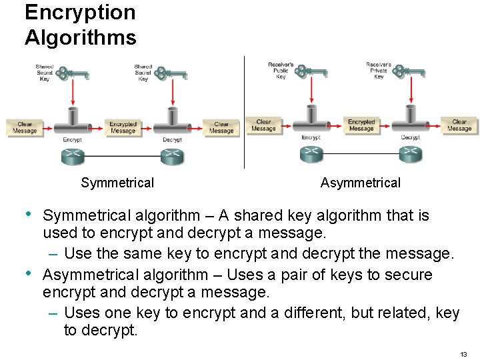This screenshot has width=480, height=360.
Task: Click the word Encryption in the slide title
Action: (80, 13)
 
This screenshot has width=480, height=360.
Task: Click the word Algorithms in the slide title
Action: (80, 37)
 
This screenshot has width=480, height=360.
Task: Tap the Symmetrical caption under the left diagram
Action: (117, 183)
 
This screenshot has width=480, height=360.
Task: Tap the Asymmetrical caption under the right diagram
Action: (360, 183)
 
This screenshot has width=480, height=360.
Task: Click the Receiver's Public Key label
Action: (281, 71)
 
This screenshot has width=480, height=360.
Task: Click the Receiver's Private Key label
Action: (379, 71)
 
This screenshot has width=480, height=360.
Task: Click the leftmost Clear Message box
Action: (25, 127)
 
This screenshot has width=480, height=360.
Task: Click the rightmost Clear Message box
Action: (459, 125)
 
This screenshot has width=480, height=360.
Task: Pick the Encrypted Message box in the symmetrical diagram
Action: (123, 127)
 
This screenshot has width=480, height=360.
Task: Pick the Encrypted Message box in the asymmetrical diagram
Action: (361, 125)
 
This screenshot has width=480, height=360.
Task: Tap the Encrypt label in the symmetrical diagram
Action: (72, 140)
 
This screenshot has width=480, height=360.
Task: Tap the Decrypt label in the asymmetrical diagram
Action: (410, 137)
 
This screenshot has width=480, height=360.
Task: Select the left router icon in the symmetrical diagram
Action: (72, 157)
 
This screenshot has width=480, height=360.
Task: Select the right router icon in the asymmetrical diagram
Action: (410, 154)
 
